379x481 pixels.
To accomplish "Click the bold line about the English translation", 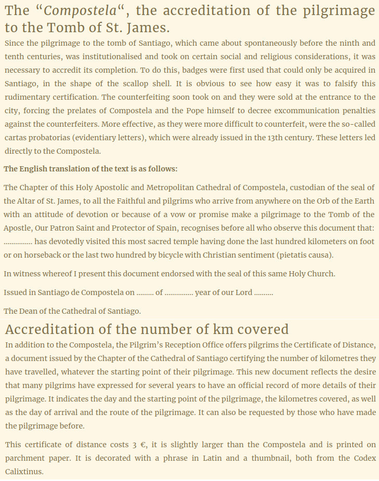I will (x=90, y=169).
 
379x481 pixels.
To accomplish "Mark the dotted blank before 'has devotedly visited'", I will (x=18, y=242).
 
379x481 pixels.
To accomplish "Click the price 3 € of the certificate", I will (x=139, y=445).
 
